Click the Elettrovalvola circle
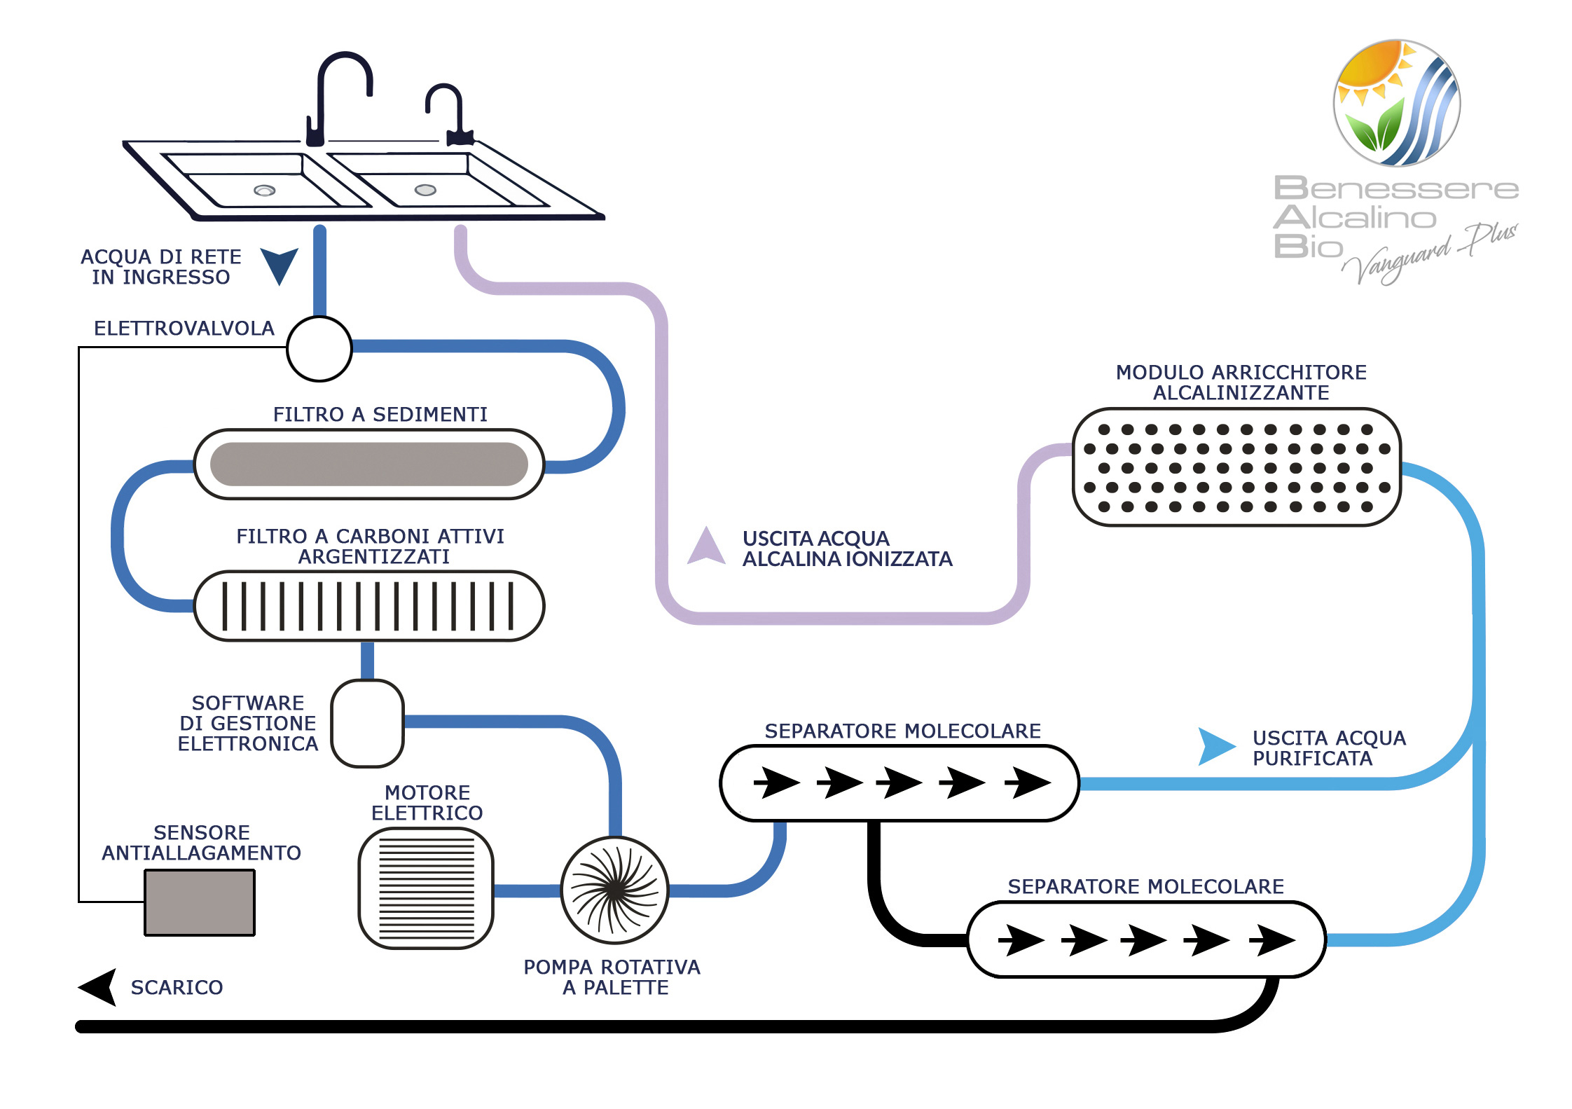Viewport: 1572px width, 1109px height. [319, 349]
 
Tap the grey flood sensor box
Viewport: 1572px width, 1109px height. [200, 902]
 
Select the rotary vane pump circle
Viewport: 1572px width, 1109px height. [615, 890]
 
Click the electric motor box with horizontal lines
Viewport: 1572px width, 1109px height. [426, 888]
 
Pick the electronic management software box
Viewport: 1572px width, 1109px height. [367, 724]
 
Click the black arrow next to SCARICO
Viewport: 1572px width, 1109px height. [99, 987]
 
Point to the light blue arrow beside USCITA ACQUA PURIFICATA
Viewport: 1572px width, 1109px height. [1215, 746]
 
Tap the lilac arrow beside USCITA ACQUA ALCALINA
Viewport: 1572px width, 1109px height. [706, 546]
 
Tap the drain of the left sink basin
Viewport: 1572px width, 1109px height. [264, 191]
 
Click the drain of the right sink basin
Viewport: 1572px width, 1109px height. [425, 190]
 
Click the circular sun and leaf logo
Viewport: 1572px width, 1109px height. [1396, 103]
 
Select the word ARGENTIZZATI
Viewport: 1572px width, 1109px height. [374, 557]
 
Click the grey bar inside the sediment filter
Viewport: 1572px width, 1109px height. [369, 464]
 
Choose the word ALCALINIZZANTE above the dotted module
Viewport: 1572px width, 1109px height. [1241, 393]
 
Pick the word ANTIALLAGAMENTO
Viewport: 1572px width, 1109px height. [202, 853]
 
